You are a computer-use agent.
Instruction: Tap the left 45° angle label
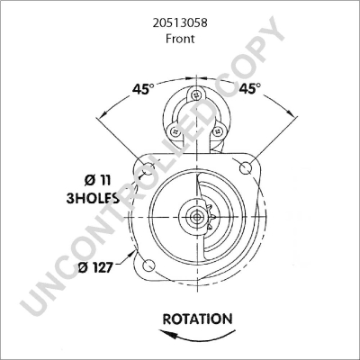pos(143,88)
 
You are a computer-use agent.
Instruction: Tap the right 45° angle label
pos(250,88)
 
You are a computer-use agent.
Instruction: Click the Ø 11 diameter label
pos(99,178)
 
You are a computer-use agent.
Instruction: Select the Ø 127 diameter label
pos(94,266)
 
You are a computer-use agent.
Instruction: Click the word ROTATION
pos(197,319)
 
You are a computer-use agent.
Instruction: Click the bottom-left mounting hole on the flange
pos(149,264)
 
